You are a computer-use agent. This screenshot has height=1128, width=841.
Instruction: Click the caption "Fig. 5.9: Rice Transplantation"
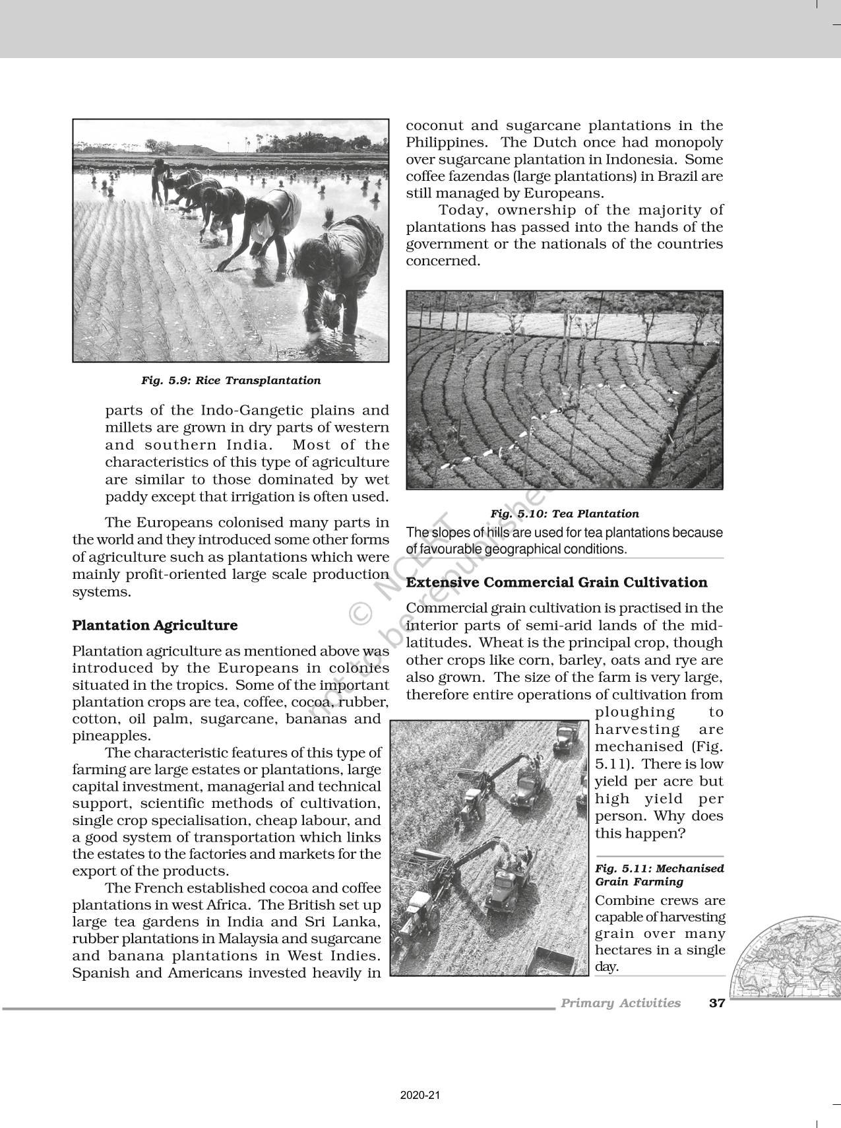tap(231, 381)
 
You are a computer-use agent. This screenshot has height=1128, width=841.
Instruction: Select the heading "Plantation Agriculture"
tap(155, 625)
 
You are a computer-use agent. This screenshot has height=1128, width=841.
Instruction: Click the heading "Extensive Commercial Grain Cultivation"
tap(557, 582)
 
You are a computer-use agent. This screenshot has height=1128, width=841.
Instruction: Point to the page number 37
tap(716, 1003)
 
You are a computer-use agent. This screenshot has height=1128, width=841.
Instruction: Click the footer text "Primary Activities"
tap(620, 1003)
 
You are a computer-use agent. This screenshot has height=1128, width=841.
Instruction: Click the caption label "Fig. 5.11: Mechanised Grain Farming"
tap(659, 875)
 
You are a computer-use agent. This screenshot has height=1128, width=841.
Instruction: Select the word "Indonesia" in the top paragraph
tap(638, 160)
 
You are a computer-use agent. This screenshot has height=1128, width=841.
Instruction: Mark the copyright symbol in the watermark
tap(360, 614)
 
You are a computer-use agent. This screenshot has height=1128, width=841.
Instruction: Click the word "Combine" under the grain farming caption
tap(620, 901)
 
